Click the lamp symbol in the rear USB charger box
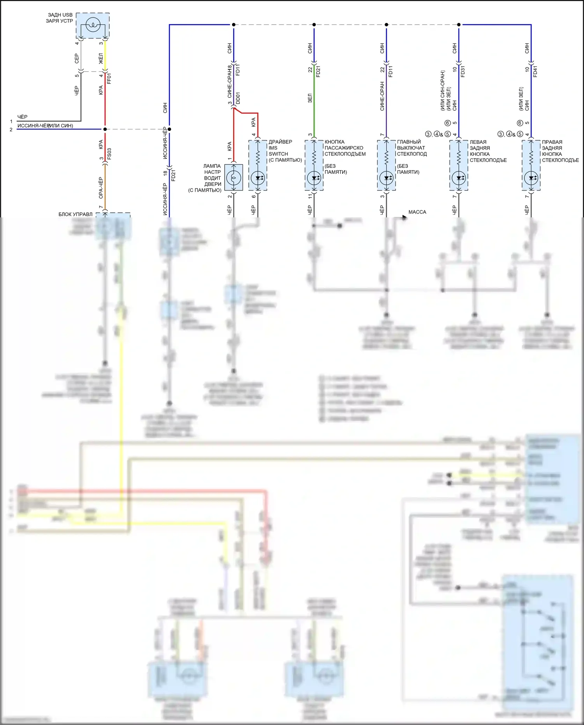click(x=93, y=26)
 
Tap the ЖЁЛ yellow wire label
click(x=100, y=58)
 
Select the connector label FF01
click(x=109, y=78)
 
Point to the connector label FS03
click(x=109, y=153)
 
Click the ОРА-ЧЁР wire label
click(x=100, y=187)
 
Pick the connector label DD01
click(x=238, y=98)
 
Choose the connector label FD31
click(x=463, y=71)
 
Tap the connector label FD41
click(x=535, y=71)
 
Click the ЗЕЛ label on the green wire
click(x=310, y=98)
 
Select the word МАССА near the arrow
click(x=417, y=212)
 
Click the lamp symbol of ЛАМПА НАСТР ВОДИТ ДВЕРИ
click(x=234, y=178)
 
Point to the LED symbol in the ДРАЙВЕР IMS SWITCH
click(x=258, y=178)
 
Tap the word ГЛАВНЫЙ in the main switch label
click(x=409, y=142)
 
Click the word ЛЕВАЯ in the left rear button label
click(x=478, y=142)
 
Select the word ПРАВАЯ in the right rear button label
click(x=552, y=142)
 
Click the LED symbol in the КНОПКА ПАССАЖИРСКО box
click(x=314, y=178)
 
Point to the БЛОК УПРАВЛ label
click(x=76, y=214)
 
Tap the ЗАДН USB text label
click(x=60, y=15)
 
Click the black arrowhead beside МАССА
click(x=405, y=218)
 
